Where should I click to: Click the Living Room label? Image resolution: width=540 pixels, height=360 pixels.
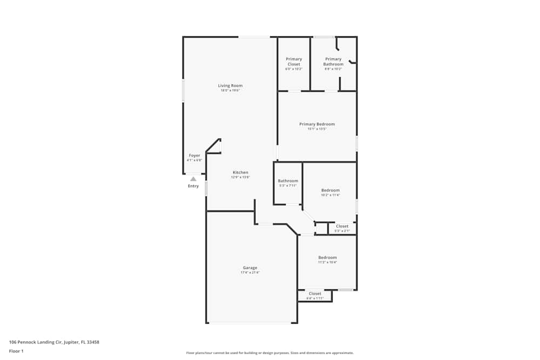[x=230, y=85]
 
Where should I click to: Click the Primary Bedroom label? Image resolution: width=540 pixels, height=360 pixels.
[x=317, y=124]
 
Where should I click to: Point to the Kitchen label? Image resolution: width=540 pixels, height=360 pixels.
[x=240, y=173]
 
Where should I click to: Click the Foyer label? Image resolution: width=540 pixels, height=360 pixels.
[x=194, y=155]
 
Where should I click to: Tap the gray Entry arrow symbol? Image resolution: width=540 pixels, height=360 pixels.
[x=193, y=179]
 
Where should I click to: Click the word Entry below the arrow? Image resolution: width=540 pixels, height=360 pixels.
[x=193, y=186]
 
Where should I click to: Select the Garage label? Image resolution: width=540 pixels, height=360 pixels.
[x=250, y=268]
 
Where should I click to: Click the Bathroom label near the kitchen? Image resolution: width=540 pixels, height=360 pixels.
[x=288, y=181]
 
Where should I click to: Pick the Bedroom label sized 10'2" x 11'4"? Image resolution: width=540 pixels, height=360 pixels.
[x=330, y=190]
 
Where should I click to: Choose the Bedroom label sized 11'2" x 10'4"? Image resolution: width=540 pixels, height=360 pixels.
[x=327, y=257]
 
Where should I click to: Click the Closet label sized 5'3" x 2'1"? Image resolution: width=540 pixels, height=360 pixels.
[x=342, y=226]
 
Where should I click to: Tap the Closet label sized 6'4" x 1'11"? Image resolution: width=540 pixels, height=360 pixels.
[x=315, y=294]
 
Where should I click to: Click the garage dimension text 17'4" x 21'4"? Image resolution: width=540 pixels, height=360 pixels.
[x=250, y=273]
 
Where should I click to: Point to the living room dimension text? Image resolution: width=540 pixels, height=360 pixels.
[x=230, y=90]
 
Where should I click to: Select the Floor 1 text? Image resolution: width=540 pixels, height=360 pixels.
[x=16, y=351]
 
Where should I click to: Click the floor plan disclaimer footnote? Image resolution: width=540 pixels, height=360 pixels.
[x=270, y=352]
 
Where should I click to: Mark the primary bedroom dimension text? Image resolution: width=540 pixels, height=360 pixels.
[x=317, y=129]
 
